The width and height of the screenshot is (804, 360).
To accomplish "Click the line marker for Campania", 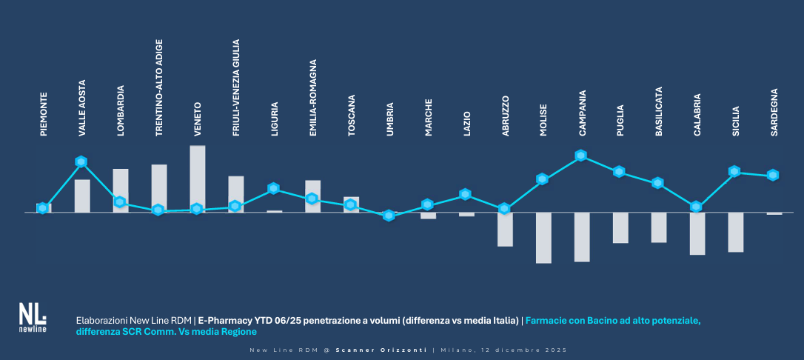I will tap(581, 156).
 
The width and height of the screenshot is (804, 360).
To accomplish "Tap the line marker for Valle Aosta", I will tap(81, 162).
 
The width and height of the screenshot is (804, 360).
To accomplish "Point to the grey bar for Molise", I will tap(544, 238).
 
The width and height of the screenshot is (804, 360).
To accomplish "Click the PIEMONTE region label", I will tap(44, 114).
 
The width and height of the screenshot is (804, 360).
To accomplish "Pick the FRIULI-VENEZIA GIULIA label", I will tap(236, 87).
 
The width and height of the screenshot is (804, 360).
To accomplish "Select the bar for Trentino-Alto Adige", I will tap(159, 188).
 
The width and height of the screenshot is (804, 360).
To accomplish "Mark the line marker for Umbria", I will tap(389, 216).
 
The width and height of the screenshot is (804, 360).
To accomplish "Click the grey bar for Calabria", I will tap(697, 233).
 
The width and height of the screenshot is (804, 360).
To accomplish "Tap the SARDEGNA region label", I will tap(774, 112).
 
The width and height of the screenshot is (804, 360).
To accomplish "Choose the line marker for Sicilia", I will tap(734, 171).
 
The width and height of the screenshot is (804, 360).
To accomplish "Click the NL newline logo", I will tap(33, 318).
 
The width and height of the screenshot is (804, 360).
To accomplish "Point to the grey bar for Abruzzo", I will tap(505, 229).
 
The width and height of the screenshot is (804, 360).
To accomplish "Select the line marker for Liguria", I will tap(273, 188).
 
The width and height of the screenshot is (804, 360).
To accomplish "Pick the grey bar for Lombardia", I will tap(121, 190).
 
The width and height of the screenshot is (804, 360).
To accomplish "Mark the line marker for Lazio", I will tap(465, 194).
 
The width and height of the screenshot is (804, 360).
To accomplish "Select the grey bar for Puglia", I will tap(620, 227).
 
